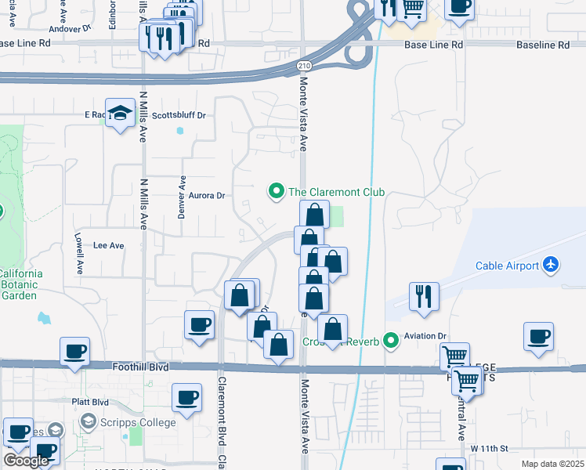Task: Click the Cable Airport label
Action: pyautogui.click(x=508, y=266)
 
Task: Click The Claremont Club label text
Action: pyautogui.click(x=336, y=192)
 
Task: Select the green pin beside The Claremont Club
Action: pyautogui.click(x=276, y=191)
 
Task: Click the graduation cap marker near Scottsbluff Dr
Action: pyautogui.click(x=120, y=114)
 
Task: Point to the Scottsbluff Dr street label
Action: pyautogui.click(x=179, y=115)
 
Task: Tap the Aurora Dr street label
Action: pyautogui.click(x=207, y=196)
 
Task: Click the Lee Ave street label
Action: pyautogui.click(x=109, y=245)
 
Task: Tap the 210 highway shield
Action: pyautogui.click(x=302, y=68)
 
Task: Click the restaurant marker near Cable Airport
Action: pyautogui.click(x=424, y=297)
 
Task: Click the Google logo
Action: pyautogui.click(x=26, y=461)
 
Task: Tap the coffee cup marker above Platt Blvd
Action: pyautogui.click(x=186, y=399)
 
